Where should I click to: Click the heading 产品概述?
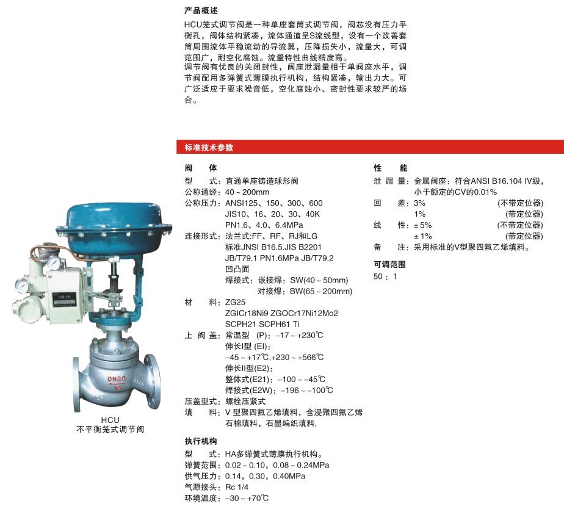(201, 11)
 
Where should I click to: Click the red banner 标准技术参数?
(209, 148)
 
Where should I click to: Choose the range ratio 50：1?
(385, 276)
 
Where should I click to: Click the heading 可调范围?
(389, 265)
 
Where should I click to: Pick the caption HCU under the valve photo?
(110, 419)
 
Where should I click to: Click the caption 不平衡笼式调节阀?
(110, 429)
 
